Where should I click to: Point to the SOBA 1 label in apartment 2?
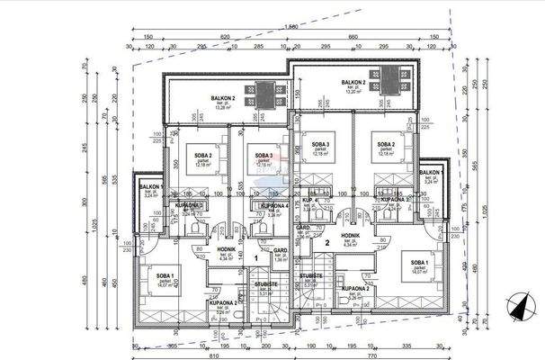418,264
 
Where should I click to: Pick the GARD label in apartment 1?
280,250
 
